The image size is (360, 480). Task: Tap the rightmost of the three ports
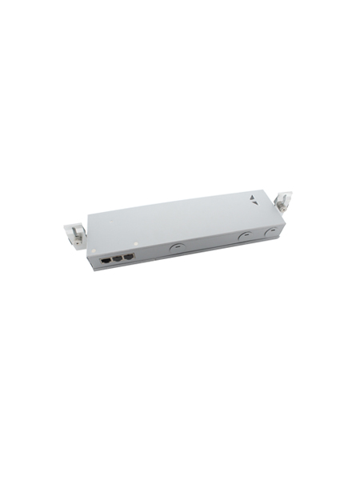point(128,258)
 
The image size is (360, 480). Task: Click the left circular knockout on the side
point(174,248)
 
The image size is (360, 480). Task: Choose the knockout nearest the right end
point(270,232)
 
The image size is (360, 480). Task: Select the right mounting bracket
point(283,203)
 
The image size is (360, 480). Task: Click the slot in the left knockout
point(174,248)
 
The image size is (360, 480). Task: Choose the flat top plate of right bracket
point(283,195)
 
